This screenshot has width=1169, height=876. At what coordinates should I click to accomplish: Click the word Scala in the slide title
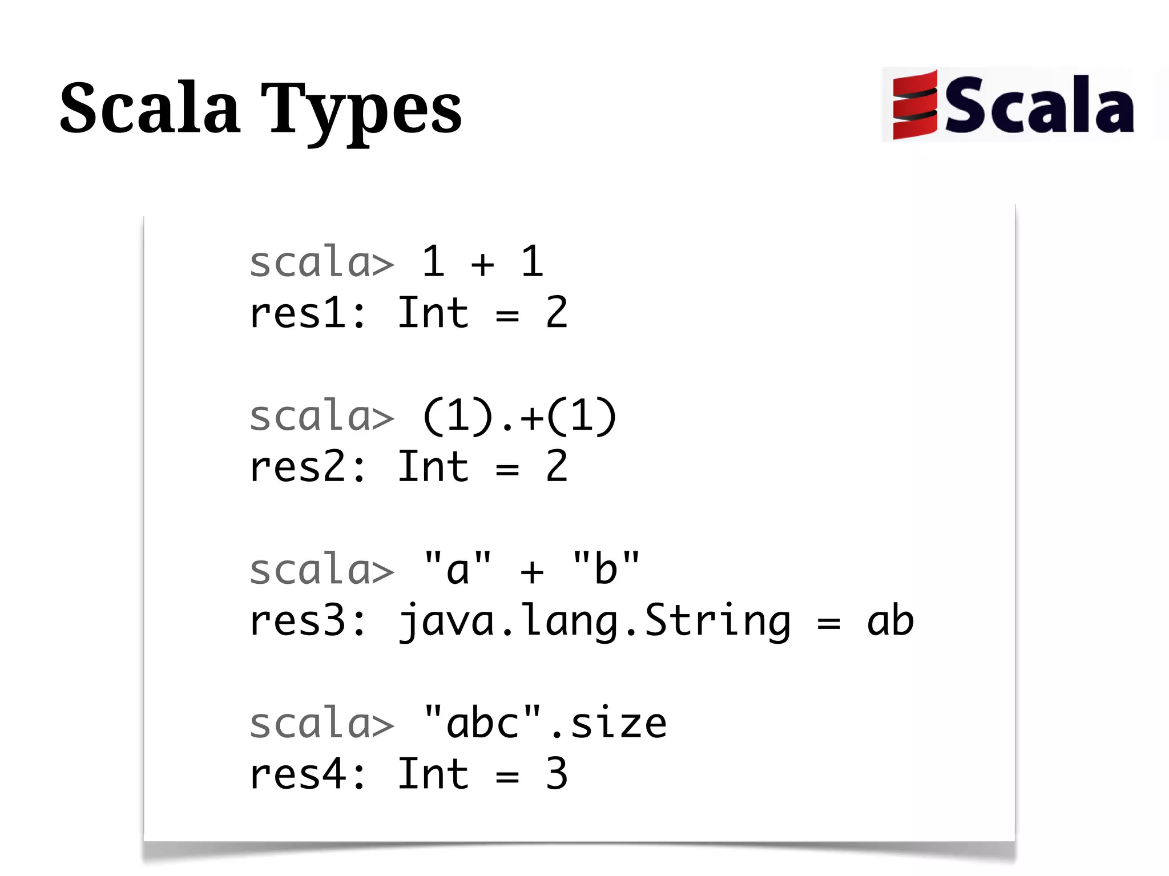150,108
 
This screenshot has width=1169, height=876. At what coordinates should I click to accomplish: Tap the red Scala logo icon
914,105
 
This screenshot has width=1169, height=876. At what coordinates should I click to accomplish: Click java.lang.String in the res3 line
594,621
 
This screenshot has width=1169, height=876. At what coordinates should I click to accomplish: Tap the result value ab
890,621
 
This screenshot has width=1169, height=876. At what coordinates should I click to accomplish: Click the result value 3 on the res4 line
557,775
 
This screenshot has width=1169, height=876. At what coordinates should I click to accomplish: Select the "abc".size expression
545,724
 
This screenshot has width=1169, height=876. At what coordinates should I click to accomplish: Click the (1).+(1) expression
519,417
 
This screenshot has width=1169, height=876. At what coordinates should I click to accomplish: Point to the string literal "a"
457,568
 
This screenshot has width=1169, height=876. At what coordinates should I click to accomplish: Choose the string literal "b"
606,568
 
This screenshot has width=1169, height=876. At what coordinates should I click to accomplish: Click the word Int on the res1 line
433,313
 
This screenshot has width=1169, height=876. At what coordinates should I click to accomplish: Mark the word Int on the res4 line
433,775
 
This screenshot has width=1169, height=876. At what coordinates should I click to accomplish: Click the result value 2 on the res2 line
557,467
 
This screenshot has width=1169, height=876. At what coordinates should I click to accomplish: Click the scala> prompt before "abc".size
322,724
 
